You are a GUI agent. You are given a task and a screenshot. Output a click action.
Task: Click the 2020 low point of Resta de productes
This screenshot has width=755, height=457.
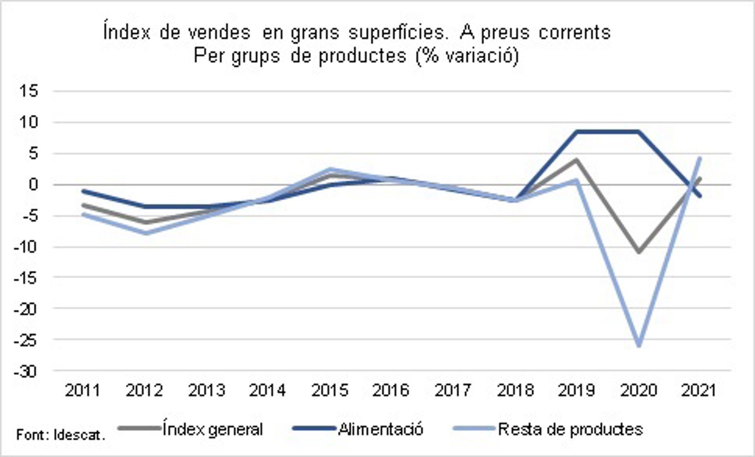point(639,345)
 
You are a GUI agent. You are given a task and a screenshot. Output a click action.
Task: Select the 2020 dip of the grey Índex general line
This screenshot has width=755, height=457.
point(639,251)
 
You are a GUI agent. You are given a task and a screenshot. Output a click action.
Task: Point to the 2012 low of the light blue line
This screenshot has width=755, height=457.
point(145,233)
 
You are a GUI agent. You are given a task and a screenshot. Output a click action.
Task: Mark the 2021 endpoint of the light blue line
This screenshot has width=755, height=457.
point(700,158)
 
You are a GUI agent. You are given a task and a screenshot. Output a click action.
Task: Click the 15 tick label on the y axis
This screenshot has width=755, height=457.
point(29,91)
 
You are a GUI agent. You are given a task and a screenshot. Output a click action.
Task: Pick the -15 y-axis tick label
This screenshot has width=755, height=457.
point(26,278)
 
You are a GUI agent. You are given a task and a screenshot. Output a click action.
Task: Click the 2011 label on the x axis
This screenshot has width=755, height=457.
point(83,390)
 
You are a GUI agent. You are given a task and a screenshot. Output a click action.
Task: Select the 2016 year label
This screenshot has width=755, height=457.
point(391,390)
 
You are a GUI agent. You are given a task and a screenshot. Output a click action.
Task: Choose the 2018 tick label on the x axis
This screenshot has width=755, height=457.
point(515,390)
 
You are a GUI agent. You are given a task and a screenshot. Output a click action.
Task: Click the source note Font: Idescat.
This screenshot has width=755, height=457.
point(61,435)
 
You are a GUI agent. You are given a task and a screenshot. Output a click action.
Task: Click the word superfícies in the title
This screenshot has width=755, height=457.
point(398,32)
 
